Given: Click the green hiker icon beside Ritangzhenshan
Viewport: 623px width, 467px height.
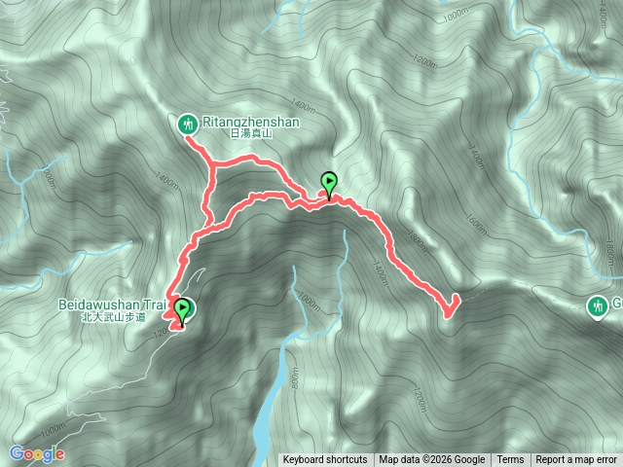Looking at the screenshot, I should coord(187,124).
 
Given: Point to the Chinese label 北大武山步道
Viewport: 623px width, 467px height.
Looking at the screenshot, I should coord(113,317).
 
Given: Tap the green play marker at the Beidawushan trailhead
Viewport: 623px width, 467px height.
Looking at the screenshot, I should coord(181,310).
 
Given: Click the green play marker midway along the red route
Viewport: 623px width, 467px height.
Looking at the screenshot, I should coord(329,182).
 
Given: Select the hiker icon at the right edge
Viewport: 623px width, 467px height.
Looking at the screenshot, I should coord(597,306).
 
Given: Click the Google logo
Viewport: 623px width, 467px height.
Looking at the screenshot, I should coord(37,453).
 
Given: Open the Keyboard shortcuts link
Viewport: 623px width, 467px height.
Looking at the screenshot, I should coord(325,460).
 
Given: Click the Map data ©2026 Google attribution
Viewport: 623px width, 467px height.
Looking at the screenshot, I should coord(431,460).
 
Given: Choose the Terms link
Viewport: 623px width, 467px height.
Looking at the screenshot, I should coord(510,460).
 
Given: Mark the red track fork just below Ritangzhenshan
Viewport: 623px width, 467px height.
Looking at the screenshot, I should coord(212,170).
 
